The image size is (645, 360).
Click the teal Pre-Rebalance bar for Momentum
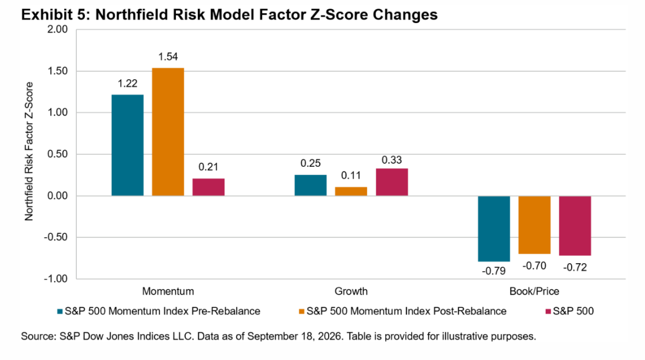pyautogui.click(x=127, y=145)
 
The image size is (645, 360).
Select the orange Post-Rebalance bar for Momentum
pyautogui.click(x=168, y=132)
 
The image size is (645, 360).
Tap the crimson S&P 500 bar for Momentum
pyautogui.click(x=209, y=187)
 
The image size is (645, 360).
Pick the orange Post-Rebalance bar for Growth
pyautogui.click(x=351, y=191)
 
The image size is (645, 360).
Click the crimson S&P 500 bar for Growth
pyautogui.click(x=392, y=182)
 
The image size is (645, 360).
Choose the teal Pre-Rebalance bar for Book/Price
pyautogui.click(x=494, y=229)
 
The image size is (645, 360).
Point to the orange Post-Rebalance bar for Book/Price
pyautogui.click(x=534, y=225)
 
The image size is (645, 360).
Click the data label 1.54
pyautogui.click(x=168, y=57)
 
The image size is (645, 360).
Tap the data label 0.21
pyautogui.click(x=209, y=167)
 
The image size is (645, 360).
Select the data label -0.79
pyautogui.click(x=494, y=271)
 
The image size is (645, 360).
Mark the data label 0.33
pyautogui.click(x=392, y=160)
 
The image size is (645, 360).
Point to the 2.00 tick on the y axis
pyautogui.click(x=57, y=30)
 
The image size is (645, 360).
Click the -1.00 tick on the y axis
pyautogui.click(x=56, y=279)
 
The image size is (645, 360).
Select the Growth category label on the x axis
pyautogui.click(x=351, y=291)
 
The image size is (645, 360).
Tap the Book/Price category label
pyautogui.click(x=534, y=291)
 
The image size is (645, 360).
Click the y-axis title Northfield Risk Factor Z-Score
pyautogui.click(x=29, y=151)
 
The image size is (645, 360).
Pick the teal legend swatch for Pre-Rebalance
pyautogui.click(x=60, y=311)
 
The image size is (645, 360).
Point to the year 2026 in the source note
pyautogui.click(x=331, y=336)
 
